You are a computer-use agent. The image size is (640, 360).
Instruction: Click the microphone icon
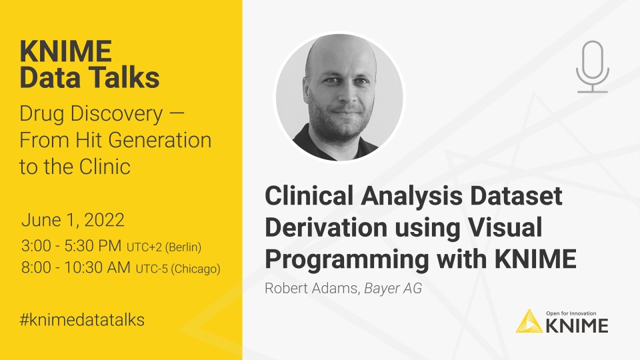pos(592,67)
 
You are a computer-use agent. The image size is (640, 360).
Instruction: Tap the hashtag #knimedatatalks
pos(82,319)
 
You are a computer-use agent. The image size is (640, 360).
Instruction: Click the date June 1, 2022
pos(73,220)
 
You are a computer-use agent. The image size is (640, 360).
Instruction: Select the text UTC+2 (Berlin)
pos(163,247)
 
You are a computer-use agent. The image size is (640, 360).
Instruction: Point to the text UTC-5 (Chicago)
pos(178,269)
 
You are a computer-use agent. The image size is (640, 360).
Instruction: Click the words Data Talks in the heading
pos(89,78)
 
